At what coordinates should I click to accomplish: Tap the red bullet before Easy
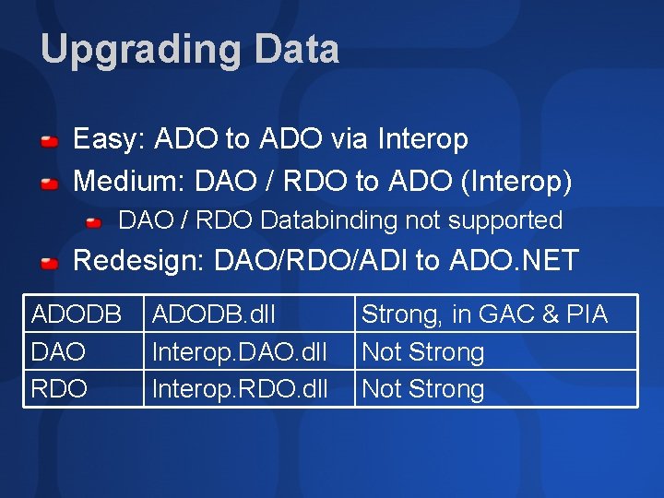click(x=51, y=142)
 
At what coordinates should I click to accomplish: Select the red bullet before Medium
click(x=51, y=184)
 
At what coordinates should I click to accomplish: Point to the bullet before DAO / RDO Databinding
click(x=95, y=223)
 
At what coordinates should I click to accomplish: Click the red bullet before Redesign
click(x=51, y=263)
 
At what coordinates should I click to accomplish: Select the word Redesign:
click(x=138, y=261)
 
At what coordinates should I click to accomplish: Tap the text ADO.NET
click(x=514, y=261)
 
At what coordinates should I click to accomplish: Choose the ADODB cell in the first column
click(x=77, y=314)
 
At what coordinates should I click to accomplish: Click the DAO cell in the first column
click(x=58, y=351)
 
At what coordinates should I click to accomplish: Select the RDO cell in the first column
click(x=58, y=388)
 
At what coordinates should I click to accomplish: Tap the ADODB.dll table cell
click(x=213, y=314)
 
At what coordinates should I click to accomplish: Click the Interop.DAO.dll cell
click(x=239, y=351)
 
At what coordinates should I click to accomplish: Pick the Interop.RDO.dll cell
click(x=239, y=388)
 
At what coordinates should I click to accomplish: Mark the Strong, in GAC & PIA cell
click(x=484, y=314)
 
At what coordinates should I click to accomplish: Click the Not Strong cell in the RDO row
click(x=422, y=388)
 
